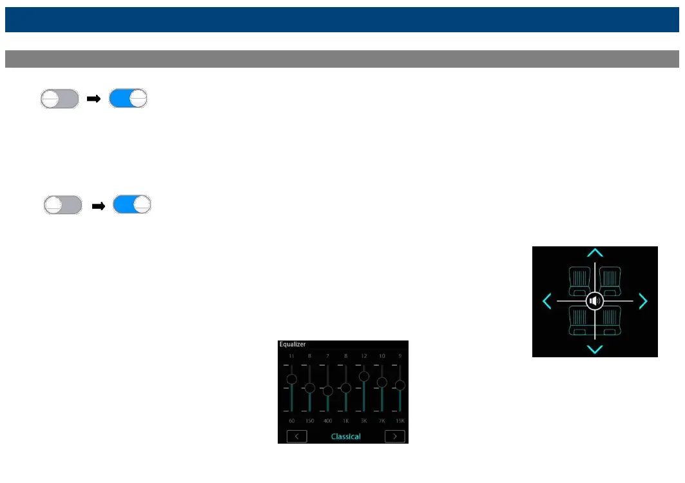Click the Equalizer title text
(x=292, y=345)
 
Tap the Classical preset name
(x=345, y=437)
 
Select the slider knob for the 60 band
(x=291, y=379)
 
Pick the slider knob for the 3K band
(x=363, y=376)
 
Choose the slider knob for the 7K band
(x=381, y=382)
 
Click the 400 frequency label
(x=327, y=421)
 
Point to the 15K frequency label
(x=400, y=421)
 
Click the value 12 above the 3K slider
(x=363, y=356)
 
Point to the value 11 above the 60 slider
(x=291, y=356)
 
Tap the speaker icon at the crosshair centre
(x=595, y=301)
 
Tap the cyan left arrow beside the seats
(x=546, y=301)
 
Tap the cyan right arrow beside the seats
(x=642, y=301)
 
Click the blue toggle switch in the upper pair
(x=128, y=99)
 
